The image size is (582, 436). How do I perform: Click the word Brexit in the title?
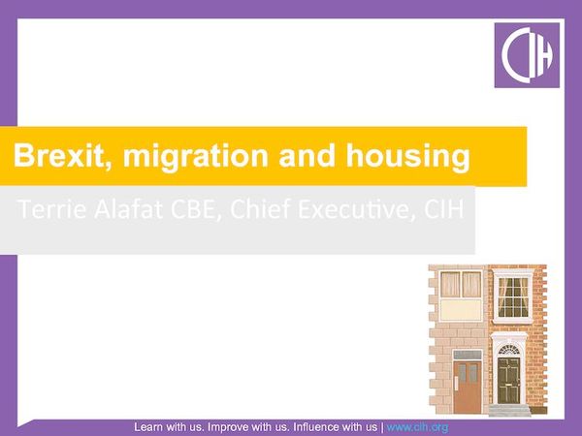pyautogui.click(x=53, y=156)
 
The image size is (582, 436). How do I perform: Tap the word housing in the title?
pyautogui.click(x=414, y=156)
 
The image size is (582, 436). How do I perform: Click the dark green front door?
pyautogui.click(x=508, y=380)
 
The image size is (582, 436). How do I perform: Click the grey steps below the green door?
pyautogui.click(x=509, y=410)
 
